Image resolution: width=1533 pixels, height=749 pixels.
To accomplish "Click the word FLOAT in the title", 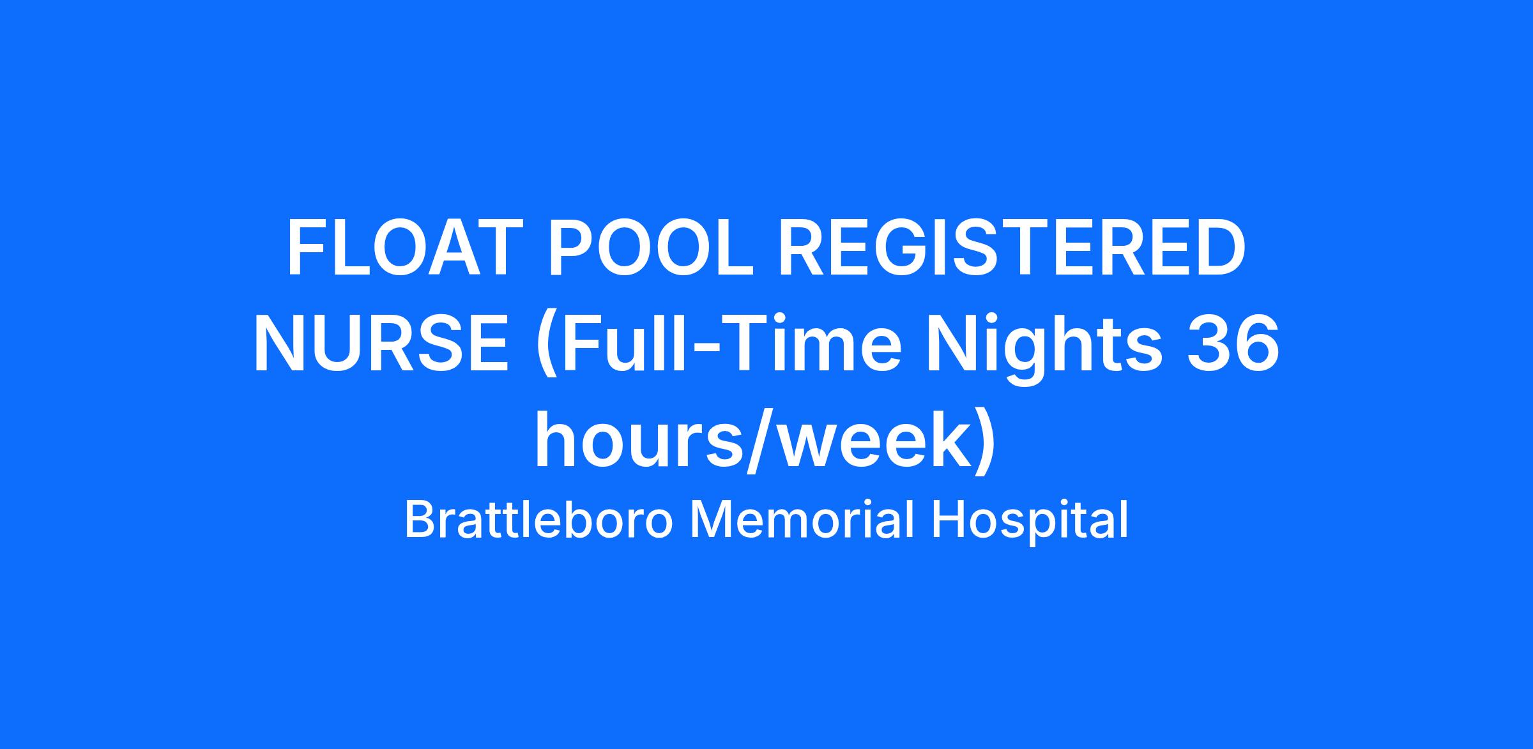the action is [x=401, y=248].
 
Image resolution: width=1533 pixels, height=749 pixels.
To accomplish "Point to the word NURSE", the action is [x=382, y=344].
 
